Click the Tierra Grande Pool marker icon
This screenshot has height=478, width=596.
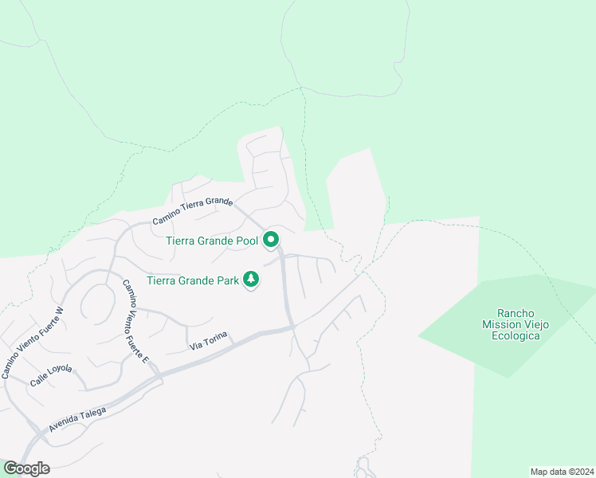pyautogui.click(x=271, y=239)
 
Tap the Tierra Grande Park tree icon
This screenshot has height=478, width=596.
pyautogui.click(x=252, y=279)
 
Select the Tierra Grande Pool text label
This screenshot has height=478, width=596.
pyautogui.click(x=211, y=241)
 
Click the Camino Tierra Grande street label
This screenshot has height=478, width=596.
pyautogui.click(x=192, y=213)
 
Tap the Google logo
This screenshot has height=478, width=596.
pyautogui.click(x=26, y=468)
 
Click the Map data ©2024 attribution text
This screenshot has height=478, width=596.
pyautogui.click(x=562, y=471)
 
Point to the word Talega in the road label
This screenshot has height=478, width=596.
pyautogui.click(x=92, y=412)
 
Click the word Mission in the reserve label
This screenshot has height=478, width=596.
pyautogui.click(x=500, y=324)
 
